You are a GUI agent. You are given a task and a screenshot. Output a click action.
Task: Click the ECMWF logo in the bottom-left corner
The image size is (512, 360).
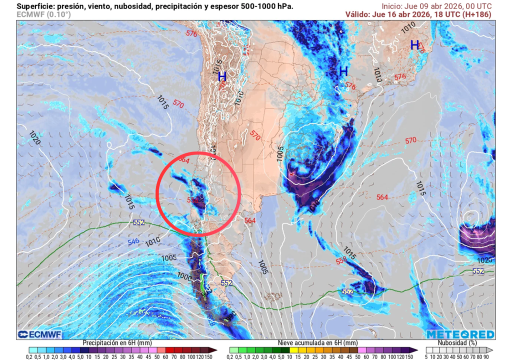click(38, 334)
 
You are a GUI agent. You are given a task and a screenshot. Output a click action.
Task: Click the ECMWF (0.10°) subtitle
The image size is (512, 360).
click(44, 14)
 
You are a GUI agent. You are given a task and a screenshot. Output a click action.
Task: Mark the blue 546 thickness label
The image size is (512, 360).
click(133, 242)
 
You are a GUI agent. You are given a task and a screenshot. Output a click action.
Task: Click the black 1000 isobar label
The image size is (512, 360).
click(184, 275)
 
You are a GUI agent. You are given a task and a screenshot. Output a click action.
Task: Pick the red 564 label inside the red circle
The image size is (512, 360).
click(183, 160)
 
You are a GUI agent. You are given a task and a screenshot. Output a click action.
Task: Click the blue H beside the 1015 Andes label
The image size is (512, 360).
click(221, 77)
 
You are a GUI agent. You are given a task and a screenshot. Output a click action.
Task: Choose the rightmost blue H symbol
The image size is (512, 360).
click(414, 45)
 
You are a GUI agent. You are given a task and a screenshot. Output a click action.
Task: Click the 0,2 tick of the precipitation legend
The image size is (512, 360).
click(29, 356)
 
